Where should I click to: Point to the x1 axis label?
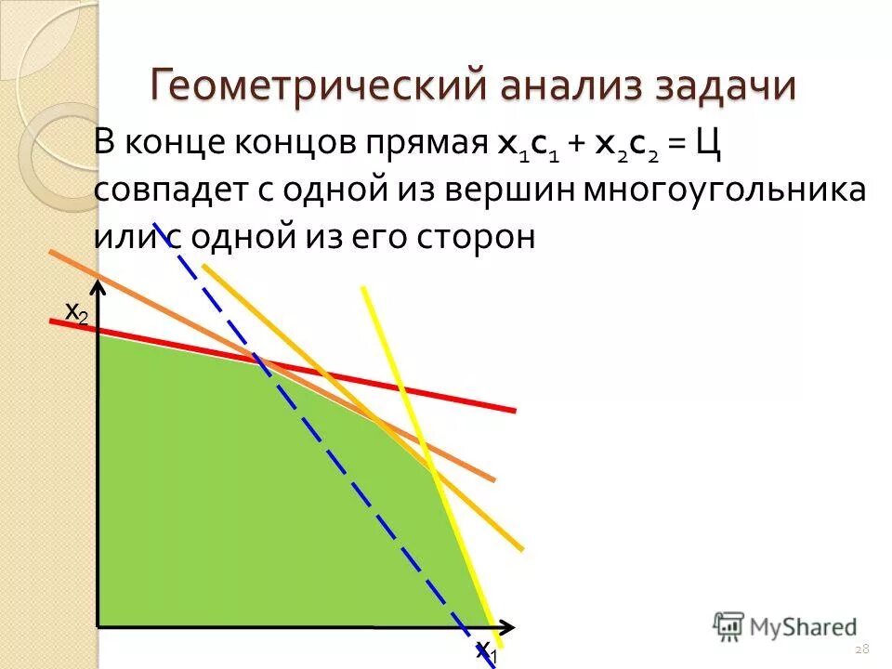click(487, 653)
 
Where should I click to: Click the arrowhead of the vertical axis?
click(98, 292)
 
